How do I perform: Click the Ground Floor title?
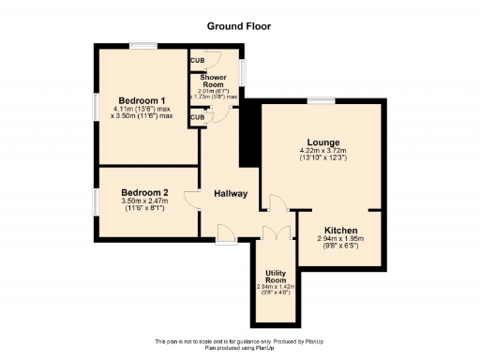pos(240,26)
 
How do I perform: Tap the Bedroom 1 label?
pos(142,100)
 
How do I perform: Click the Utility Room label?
pos(275,277)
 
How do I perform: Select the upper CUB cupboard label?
pos(198,61)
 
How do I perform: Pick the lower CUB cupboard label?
pos(197,117)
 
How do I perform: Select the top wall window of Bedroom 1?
pos(143,44)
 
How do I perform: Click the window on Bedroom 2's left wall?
pos(95,201)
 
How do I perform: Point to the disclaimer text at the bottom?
pos(240,342)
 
